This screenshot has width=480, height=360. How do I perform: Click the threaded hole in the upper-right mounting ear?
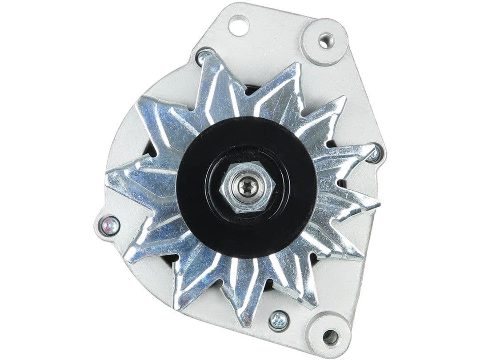coord(325,41)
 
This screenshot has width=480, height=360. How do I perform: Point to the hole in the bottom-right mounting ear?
coord(330,336)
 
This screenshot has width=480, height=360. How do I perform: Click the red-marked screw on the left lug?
coord(109,226)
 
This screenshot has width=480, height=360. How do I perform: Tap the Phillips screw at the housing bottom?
coord(279,320)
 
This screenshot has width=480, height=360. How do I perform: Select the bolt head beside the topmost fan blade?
coord(205,56)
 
